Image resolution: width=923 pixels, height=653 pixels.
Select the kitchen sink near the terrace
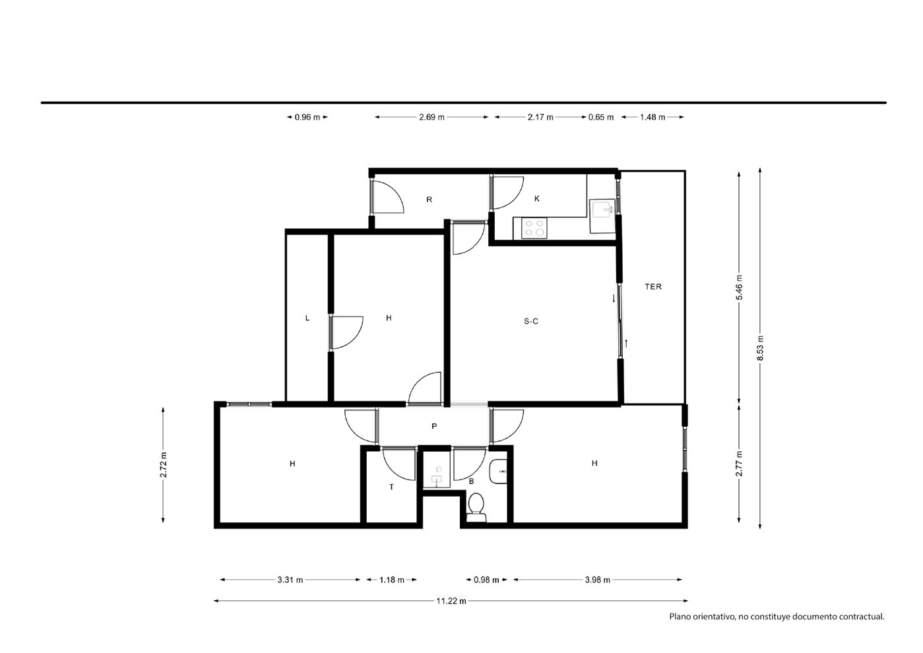tap(602, 216)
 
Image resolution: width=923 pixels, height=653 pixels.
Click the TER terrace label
tap(653, 286)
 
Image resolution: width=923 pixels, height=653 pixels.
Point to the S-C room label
tap(531, 321)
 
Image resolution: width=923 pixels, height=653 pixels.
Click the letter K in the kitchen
tap(537, 199)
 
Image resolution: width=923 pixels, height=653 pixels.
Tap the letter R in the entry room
tap(429, 200)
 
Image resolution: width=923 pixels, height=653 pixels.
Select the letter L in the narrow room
tap(307, 318)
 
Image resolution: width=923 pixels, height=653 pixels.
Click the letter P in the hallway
tap(434, 426)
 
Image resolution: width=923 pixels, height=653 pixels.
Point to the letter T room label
tap(391, 487)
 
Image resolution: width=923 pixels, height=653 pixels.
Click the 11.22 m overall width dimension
tap(451, 601)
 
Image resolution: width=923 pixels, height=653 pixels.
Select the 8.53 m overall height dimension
tap(761, 348)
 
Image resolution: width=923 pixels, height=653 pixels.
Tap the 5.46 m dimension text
tap(740, 288)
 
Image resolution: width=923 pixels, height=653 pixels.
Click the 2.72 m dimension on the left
tap(164, 465)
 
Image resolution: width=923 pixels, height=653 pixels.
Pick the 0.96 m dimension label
tap(307, 117)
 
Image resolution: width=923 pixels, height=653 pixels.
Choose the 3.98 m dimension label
tap(598, 580)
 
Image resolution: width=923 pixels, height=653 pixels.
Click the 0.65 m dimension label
tap(601, 117)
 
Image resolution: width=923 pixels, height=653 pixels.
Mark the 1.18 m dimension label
tap(392, 580)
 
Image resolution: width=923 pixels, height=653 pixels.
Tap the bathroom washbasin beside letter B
tap(497, 472)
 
